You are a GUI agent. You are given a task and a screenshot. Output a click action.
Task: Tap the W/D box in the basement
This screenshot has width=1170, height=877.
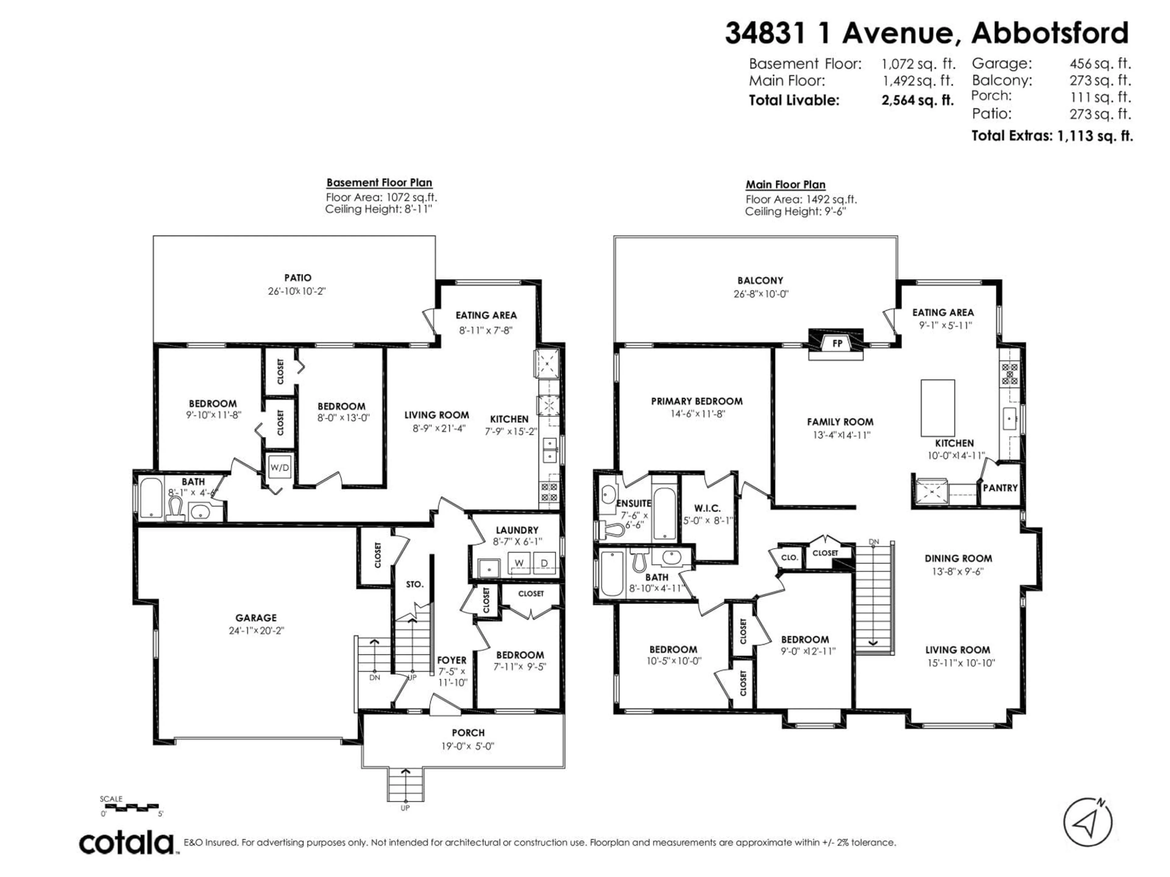[280, 467]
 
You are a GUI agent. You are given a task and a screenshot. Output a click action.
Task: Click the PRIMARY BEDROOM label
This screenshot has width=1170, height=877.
[697, 401]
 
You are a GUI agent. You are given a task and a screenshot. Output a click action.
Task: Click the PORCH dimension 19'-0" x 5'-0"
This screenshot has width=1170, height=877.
[468, 746]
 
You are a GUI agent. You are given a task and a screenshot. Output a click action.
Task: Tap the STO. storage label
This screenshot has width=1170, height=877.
[415, 584]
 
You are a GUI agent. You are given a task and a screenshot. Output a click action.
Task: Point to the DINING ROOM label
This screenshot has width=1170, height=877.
[958, 558]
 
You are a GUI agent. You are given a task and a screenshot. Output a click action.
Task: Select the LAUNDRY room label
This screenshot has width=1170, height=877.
[517, 530]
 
